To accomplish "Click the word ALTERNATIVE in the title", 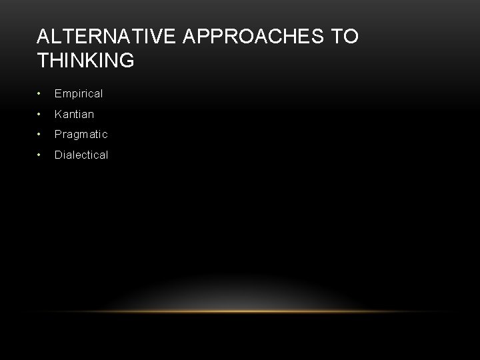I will [105, 37].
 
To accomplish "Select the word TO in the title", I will [345, 37].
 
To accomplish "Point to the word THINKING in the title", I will [86, 61].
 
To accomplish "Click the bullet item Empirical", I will [79, 94].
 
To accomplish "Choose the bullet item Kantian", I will [74, 114].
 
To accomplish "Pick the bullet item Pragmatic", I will [81, 135].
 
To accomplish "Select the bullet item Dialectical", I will [81, 155].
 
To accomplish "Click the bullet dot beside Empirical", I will [41, 94].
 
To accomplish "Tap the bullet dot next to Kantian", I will [41, 114].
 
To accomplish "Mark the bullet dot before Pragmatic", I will [41, 134].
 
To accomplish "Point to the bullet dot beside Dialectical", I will [41, 155].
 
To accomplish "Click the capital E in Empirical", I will [58, 94].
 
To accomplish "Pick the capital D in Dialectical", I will [59, 155].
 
